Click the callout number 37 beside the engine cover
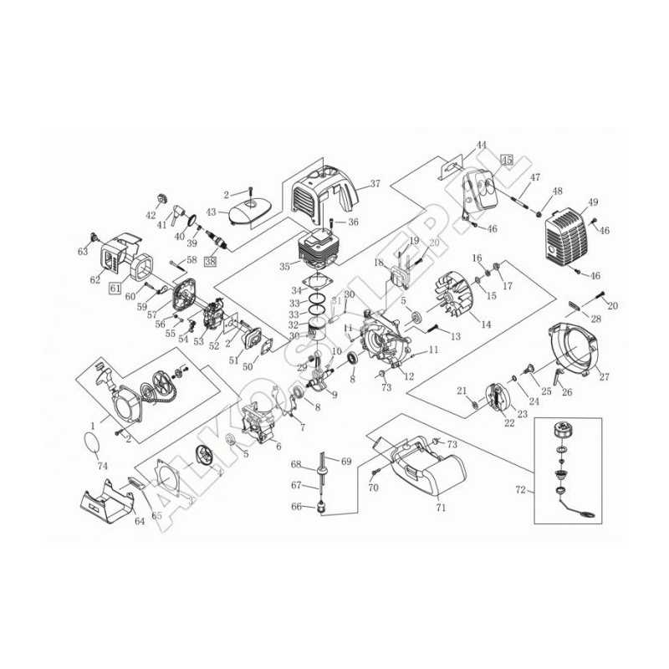tap(375, 184)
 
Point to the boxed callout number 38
tap(209, 261)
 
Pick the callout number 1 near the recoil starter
tap(92, 426)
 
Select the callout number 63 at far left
tap(83, 251)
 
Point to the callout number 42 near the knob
tap(151, 215)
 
